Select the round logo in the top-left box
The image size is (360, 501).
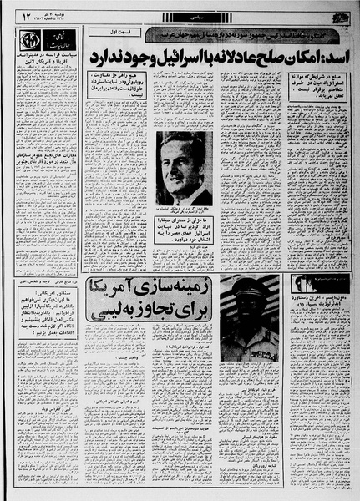point(30,40)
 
